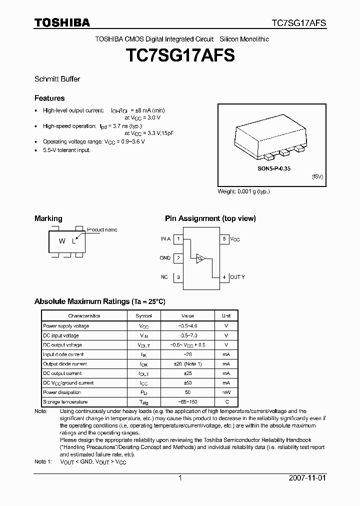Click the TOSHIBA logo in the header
pyautogui.click(x=62, y=22)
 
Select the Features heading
pyautogui.click(x=49, y=98)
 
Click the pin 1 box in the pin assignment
pyautogui.click(x=178, y=239)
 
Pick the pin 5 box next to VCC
pyautogui.click(x=224, y=239)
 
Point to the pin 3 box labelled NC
pyautogui.click(x=178, y=277)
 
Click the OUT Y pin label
pyautogui.click(x=238, y=277)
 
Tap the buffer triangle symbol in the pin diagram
pyautogui.click(x=200, y=258)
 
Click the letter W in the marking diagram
pyautogui.click(x=62, y=241)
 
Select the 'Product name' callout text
pyautogui.click(x=102, y=229)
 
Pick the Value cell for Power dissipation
pyautogui.click(x=188, y=392)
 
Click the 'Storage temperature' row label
pyautogui.click(x=65, y=402)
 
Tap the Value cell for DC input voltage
pyautogui.click(x=188, y=335)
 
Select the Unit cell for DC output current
pyautogui.click(x=226, y=373)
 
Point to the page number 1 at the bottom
pyautogui.click(x=180, y=478)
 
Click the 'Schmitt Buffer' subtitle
pyautogui.click(x=57, y=79)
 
